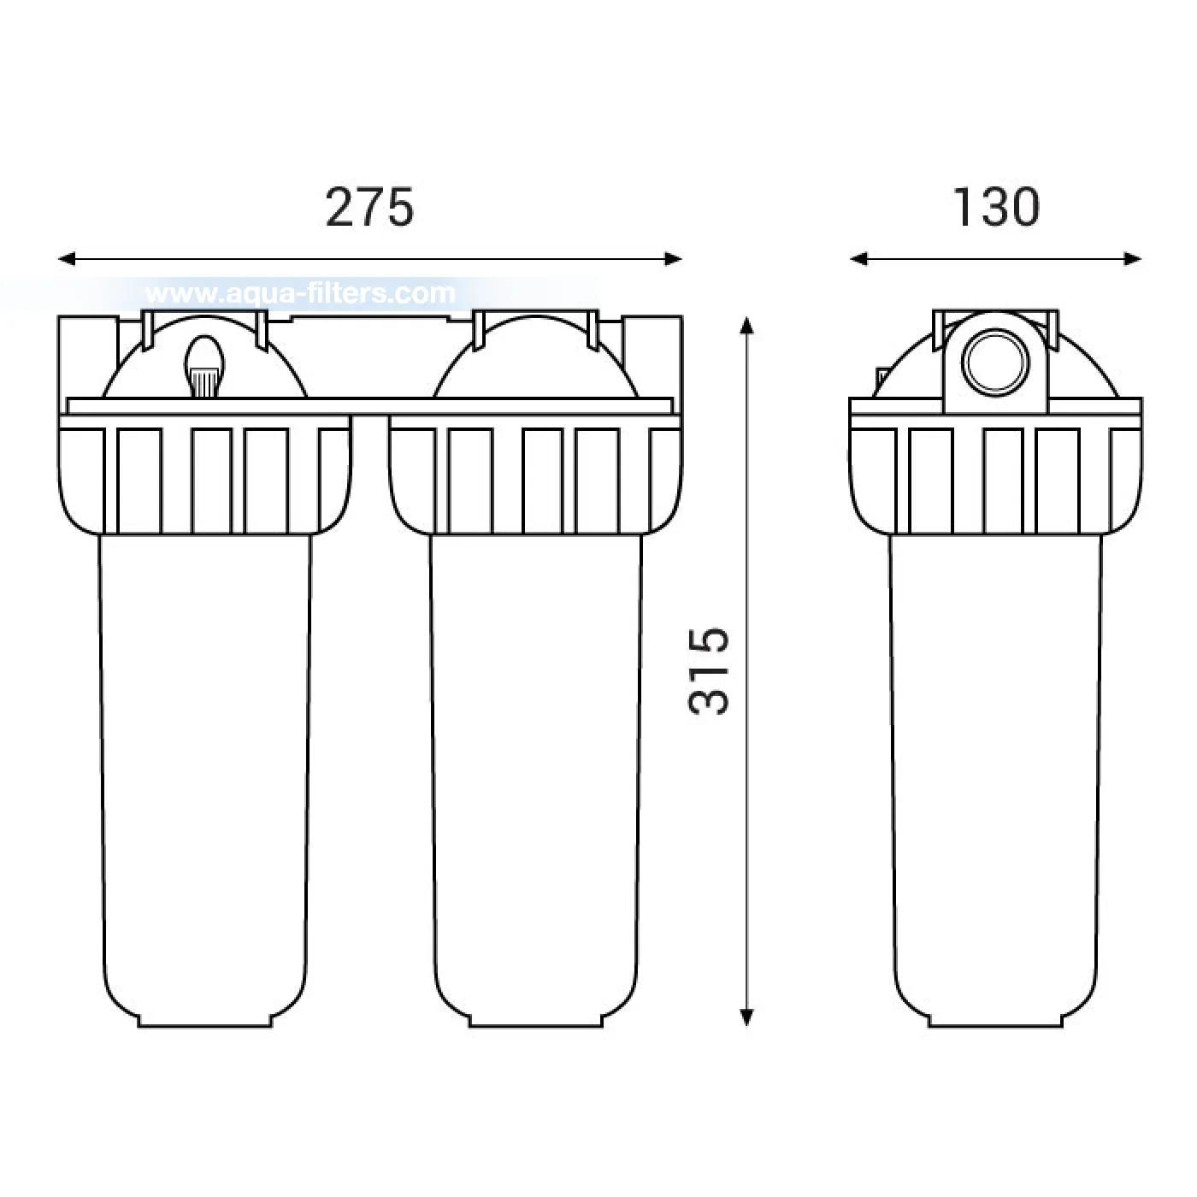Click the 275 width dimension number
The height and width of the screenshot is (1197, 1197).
point(369,208)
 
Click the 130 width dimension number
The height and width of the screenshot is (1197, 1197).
point(996,208)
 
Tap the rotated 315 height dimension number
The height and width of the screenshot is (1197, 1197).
point(709,671)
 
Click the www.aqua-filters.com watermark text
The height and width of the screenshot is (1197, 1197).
point(300,293)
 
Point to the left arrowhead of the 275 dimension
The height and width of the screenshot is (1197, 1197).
point(67,259)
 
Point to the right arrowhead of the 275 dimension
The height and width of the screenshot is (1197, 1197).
point(674,259)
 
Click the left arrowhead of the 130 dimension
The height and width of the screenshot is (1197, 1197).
point(858,259)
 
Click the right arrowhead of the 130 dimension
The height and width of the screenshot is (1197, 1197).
point(1132,259)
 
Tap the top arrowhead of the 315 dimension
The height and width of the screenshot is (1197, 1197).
point(747,326)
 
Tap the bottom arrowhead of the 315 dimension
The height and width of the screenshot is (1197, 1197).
point(747,1017)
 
